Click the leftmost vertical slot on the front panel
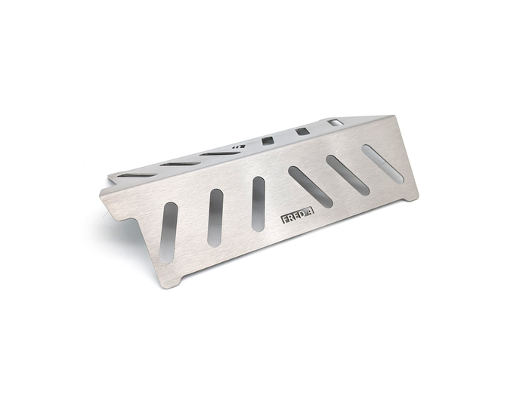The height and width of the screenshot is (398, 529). coord(169,233)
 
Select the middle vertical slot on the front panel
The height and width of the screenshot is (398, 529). coord(215,218)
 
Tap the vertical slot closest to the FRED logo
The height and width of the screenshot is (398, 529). coord(258,204)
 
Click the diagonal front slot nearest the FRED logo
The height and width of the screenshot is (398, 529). coord(311,187)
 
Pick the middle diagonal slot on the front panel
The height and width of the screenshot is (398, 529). coord(348,175)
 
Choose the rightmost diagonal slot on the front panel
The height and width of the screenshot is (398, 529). coord(382,164)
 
